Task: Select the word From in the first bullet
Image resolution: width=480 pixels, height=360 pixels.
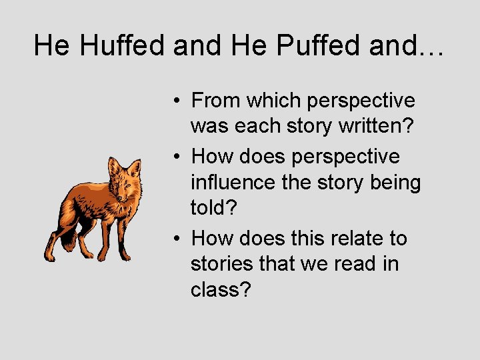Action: [216, 101]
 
